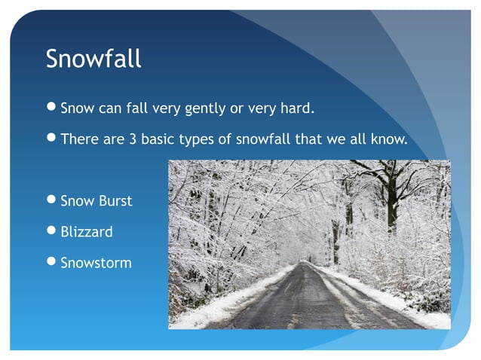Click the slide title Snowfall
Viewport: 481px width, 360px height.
(x=93, y=59)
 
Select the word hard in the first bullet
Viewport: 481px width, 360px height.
(x=297, y=108)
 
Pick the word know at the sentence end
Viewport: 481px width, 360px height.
(x=390, y=139)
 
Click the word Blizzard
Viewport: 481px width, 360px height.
(x=87, y=232)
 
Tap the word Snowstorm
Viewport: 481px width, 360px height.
(x=96, y=263)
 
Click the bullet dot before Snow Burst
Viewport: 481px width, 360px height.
(x=51, y=201)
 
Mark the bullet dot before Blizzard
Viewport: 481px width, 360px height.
(x=51, y=232)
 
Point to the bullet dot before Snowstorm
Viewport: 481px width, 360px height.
(x=51, y=263)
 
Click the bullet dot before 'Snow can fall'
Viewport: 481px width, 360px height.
(x=51, y=108)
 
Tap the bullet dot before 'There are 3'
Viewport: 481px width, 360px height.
(x=51, y=139)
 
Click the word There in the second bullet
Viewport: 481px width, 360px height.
(x=78, y=139)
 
